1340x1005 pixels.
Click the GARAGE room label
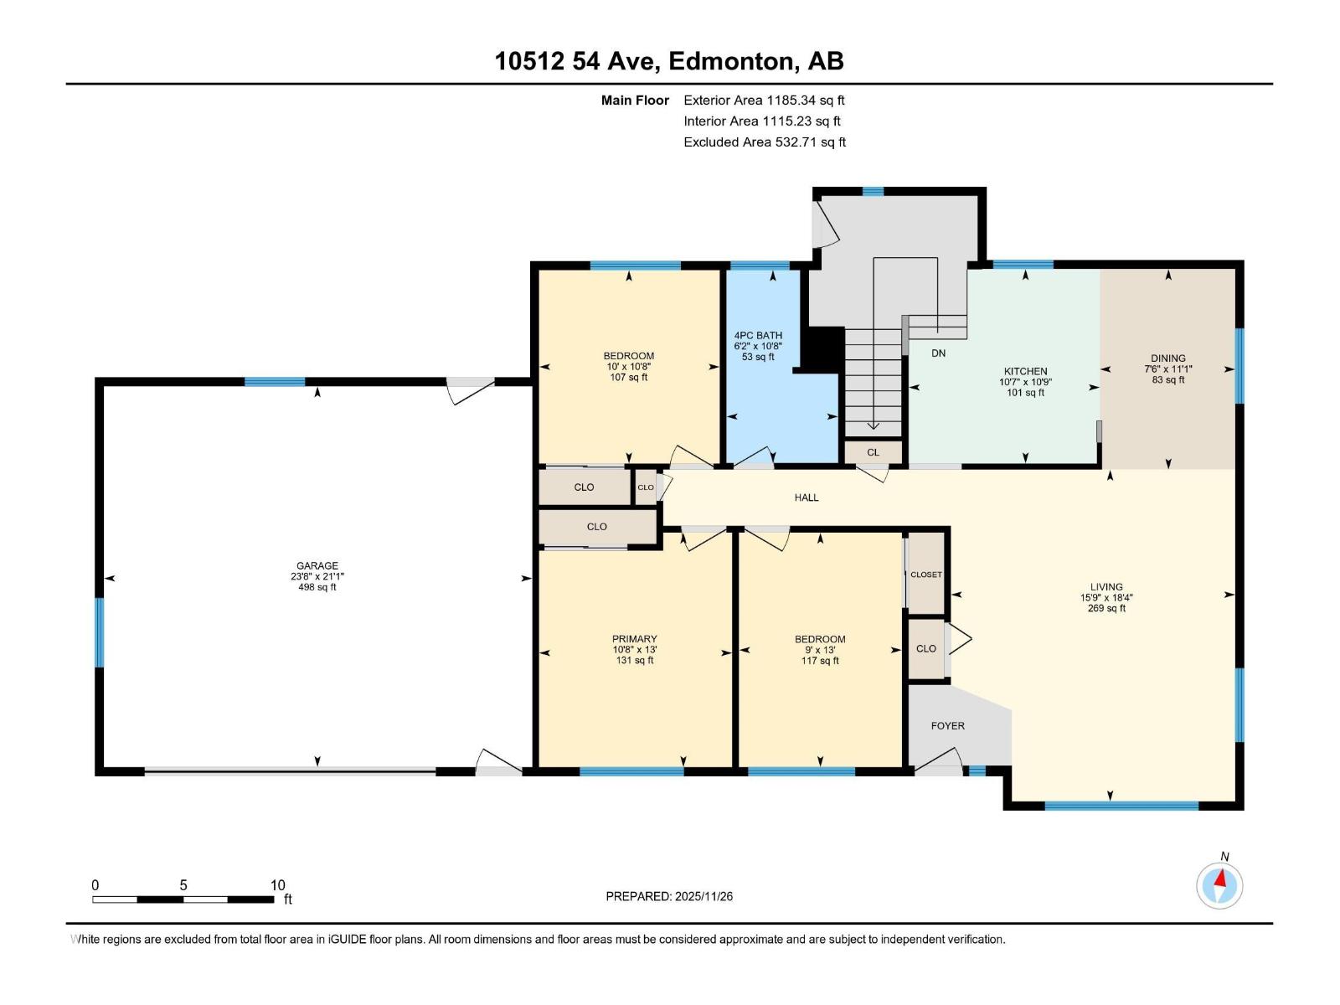point(317,566)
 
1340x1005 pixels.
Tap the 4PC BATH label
point(758,335)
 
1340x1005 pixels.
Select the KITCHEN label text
point(1025,371)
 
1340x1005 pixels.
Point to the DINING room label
point(1167,358)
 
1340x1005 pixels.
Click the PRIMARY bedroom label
point(634,639)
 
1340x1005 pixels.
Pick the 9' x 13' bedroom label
point(819,650)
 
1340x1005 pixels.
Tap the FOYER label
point(947,726)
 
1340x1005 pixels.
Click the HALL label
point(806,497)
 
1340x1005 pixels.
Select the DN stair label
point(938,353)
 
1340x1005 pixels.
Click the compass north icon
point(1219,884)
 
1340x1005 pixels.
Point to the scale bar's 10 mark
point(277,885)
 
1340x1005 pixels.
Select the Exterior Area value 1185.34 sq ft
point(805,100)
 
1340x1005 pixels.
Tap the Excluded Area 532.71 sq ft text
point(765,142)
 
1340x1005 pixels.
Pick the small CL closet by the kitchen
point(873,452)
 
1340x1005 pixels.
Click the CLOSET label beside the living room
point(925,575)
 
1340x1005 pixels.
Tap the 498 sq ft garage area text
point(317,588)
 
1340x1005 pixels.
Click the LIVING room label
point(1105,587)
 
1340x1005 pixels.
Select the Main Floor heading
point(635,100)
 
